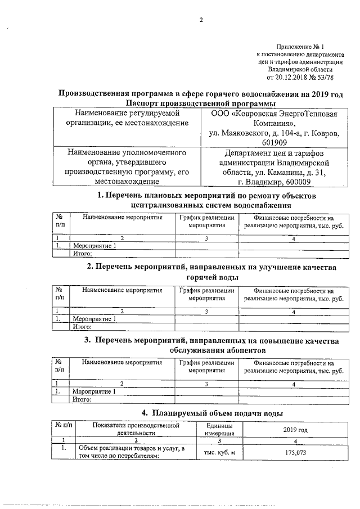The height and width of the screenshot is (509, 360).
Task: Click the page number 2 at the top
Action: (x=200, y=21)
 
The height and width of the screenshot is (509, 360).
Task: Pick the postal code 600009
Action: (x=297, y=182)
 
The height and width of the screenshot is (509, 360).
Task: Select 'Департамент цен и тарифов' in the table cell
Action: (x=274, y=152)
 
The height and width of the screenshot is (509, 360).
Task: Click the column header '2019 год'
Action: (x=295, y=430)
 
